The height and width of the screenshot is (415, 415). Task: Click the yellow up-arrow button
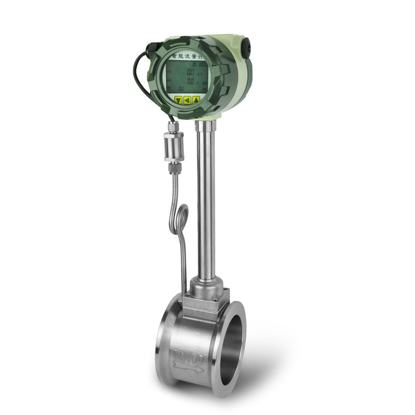tap(196, 100)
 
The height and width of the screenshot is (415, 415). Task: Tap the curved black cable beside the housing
tap(136, 78)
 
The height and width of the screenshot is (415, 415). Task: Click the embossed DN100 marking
tap(190, 357)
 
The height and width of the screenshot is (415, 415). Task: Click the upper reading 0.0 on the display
tap(190, 73)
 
